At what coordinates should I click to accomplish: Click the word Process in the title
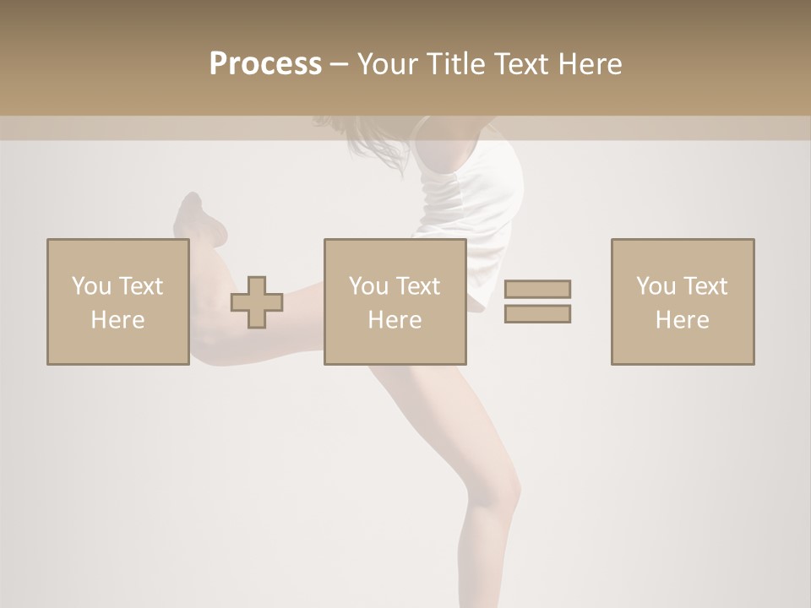[x=265, y=64]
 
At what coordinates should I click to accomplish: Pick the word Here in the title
[x=591, y=64]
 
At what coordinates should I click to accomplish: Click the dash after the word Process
[x=339, y=65]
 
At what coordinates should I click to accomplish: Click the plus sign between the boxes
[x=257, y=302]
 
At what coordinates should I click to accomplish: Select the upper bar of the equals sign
[x=537, y=289]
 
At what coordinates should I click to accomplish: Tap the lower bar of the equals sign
[x=537, y=313]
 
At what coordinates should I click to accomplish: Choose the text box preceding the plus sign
[x=117, y=301]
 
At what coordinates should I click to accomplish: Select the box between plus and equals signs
[x=395, y=301]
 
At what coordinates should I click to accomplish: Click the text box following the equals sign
[x=682, y=301]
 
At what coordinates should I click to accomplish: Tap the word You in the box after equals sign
[x=655, y=286]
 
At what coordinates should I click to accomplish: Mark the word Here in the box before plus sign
[x=117, y=320]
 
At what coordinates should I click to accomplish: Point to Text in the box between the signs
[x=418, y=286]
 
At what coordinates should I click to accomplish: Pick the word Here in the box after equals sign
[x=682, y=320]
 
